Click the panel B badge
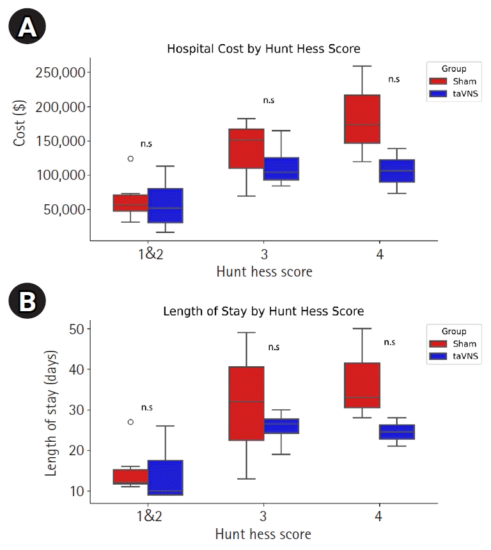27,303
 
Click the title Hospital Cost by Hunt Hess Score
263,49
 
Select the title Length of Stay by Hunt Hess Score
263,311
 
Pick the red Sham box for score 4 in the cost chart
362,119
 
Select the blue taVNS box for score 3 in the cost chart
281,168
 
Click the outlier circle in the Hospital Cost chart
130,159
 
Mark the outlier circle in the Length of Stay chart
130,422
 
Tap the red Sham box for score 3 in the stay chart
246,403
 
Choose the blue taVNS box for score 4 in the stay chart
397,432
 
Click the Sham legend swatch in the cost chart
438,81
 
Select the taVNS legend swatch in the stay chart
438,357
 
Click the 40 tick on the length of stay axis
80,369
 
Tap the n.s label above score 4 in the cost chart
393,79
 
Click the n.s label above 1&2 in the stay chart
147,407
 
